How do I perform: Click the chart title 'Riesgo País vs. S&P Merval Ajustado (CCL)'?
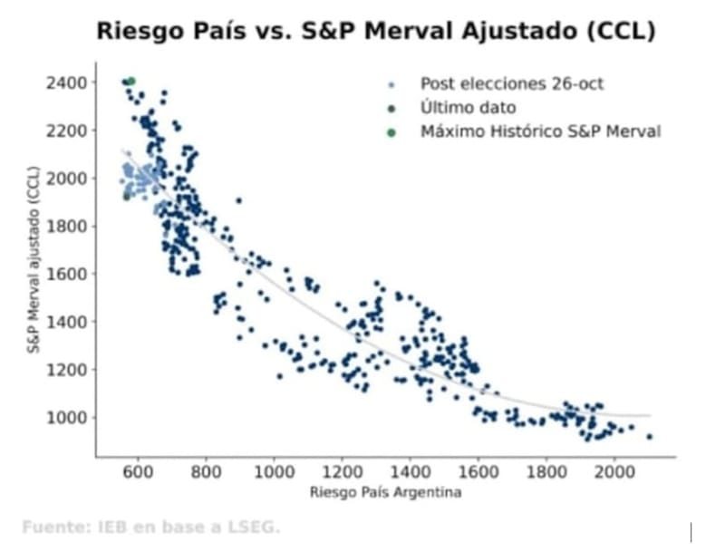coord(376,32)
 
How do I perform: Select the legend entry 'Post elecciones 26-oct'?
coord(511,84)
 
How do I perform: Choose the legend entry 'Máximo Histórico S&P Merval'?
coord(540,131)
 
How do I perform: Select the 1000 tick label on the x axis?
coord(274,473)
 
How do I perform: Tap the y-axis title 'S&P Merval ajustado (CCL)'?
coord(33,259)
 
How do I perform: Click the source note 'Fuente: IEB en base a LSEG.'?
coord(151,527)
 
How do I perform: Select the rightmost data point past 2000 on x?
coord(649,437)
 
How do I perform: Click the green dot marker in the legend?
coord(391,132)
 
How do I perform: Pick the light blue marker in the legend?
coord(391,85)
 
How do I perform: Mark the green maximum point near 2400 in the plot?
coord(131,82)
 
